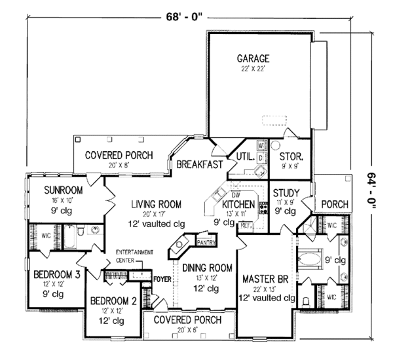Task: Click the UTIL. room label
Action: pos(244,156)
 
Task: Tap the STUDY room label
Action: pos(286,193)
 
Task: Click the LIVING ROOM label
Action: pos(155,204)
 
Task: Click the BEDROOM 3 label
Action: pos(56,275)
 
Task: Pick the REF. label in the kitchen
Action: pos(246,225)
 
